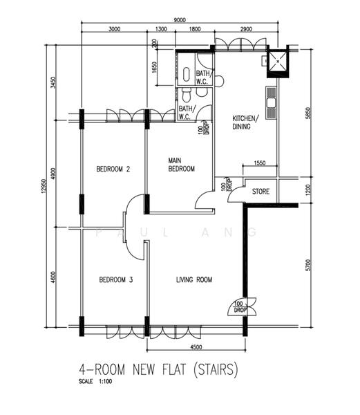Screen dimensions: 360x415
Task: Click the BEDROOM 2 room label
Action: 113,169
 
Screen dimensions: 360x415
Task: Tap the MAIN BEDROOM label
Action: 181,165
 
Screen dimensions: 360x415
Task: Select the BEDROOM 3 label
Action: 116,279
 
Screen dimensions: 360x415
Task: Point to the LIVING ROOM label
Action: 194,279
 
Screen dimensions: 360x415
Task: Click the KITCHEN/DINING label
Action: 244,122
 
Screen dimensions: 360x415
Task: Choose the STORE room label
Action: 260,192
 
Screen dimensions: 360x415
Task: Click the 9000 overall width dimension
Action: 180,20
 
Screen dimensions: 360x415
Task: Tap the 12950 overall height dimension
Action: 44,186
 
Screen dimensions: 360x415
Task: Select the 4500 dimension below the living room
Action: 196,347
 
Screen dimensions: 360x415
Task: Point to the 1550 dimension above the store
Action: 260,163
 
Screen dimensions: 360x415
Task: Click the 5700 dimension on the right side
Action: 308,265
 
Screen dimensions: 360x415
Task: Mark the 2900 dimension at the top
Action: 246,29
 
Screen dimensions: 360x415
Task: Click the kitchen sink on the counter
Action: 271,102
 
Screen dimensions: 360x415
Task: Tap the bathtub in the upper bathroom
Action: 187,74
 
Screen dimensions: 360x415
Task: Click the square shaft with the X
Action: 278,62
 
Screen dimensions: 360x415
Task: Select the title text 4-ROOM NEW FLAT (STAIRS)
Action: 158,369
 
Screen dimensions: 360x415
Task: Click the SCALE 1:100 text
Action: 95,381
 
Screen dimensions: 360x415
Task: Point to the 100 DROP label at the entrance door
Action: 240,306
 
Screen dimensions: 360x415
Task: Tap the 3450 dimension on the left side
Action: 53,82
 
